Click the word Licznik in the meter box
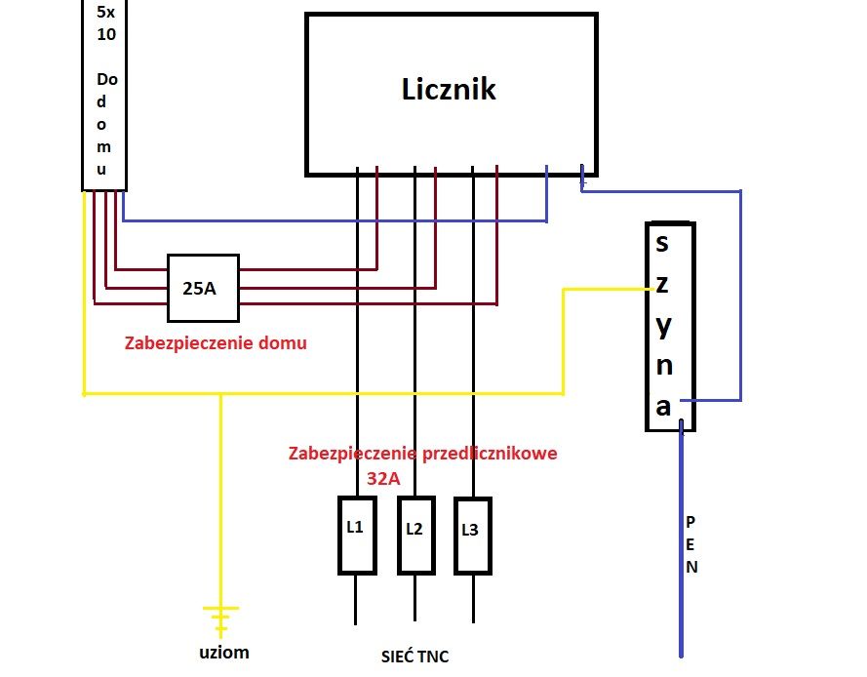pyautogui.click(x=449, y=89)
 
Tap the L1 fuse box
pyautogui.click(x=357, y=536)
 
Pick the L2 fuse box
pyautogui.click(x=415, y=536)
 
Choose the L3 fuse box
pyautogui.click(x=473, y=536)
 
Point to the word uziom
pyautogui.click(x=224, y=653)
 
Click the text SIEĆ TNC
pyautogui.click(x=414, y=657)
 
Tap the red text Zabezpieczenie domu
pyautogui.click(x=216, y=343)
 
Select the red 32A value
pyautogui.click(x=383, y=478)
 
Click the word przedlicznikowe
pyautogui.click(x=490, y=455)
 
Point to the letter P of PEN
pyautogui.click(x=690, y=522)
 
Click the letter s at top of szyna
pyautogui.click(x=662, y=244)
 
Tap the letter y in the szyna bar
pyautogui.click(x=663, y=327)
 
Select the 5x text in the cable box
pyautogui.click(x=105, y=12)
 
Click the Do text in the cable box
pyautogui.click(x=107, y=79)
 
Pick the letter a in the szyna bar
pyautogui.click(x=663, y=407)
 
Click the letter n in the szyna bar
pyautogui.click(x=664, y=366)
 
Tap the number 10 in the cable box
pyautogui.click(x=106, y=34)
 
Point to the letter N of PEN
pyautogui.click(x=691, y=567)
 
